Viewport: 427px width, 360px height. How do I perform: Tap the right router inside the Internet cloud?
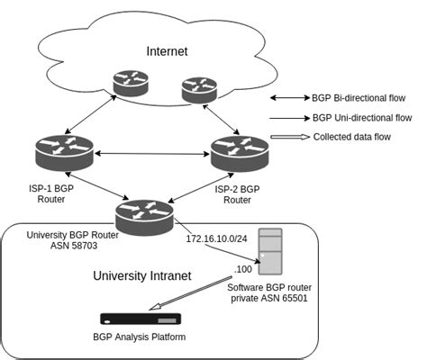pyautogui.click(x=199, y=88)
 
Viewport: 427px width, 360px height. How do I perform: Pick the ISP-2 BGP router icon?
pyautogui.click(x=241, y=154)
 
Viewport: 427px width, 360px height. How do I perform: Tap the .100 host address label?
pyautogui.click(x=242, y=268)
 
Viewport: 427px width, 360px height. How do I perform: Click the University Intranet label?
pyautogui.click(x=143, y=275)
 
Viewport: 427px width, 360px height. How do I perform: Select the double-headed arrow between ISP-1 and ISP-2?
pyautogui.click(x=151, y=156)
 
